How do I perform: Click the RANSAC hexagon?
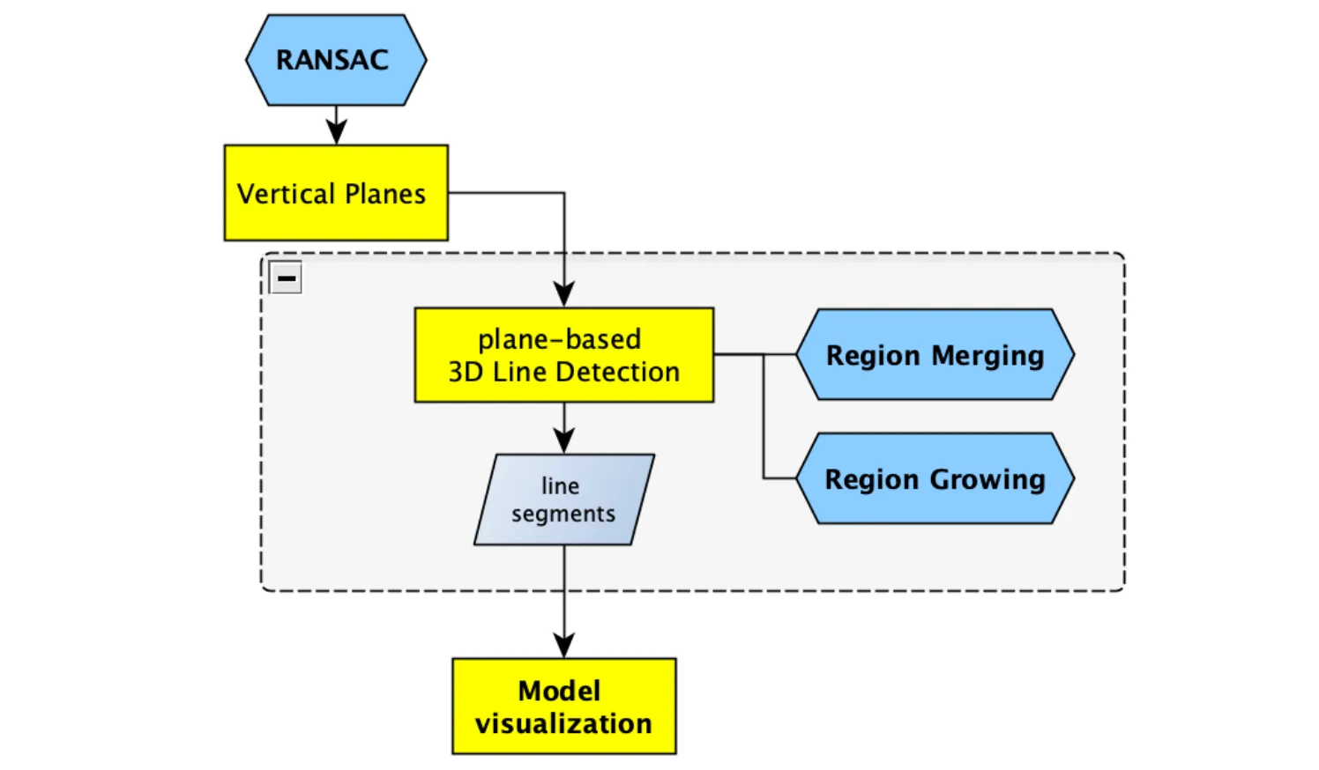pos(336,60)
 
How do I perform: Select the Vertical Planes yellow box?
pos(336,193)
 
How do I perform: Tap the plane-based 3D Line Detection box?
pos(563,355)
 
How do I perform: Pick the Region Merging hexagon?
pos(935,355)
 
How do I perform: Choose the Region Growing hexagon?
pos(935,479)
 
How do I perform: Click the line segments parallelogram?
pos(563,500)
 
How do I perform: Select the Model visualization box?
pos(563,707)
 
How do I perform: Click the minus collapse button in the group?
pos(286,278)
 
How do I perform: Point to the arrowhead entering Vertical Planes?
pos(336,133)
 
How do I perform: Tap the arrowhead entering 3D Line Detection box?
pos(563,295)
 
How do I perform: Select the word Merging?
pos(987,356)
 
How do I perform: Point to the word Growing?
pos(987,480)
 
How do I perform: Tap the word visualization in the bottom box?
pos(563,724)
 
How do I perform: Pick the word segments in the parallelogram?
pos(563,515)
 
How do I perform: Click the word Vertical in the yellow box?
pos(287,194)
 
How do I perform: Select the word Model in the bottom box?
pos(559,691)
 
